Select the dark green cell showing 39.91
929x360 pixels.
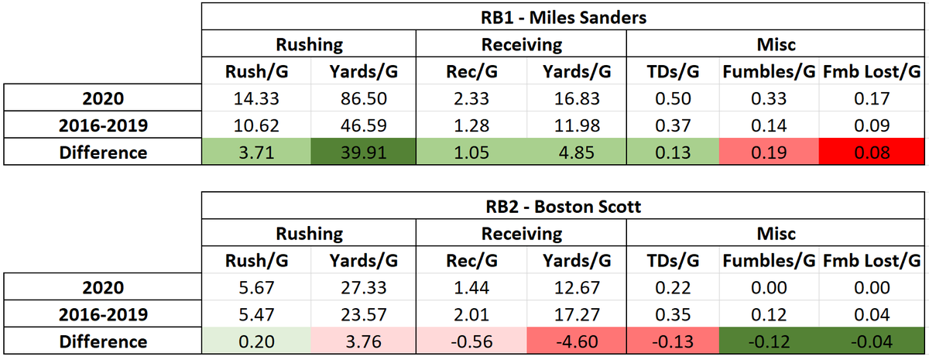tap(363, 152)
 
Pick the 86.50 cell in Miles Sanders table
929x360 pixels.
tap(363, 99)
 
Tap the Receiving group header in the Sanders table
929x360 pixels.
tap(521, 45)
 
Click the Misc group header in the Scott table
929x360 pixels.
tap(776, 233)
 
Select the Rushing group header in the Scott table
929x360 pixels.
tap(309, 233)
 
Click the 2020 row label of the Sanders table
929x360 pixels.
tap(103, 99)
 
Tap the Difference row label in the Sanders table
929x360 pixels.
tap(103, 152)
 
